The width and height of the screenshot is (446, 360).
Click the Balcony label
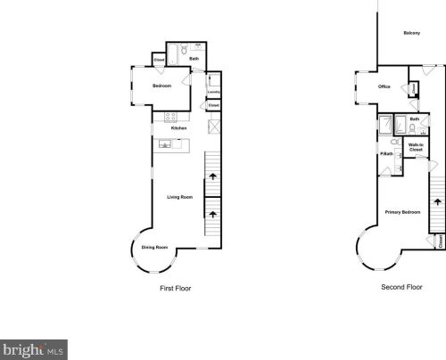[411, 34]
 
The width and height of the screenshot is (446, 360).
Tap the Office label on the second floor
[384, 86]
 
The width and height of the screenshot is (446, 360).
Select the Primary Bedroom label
[403, 212]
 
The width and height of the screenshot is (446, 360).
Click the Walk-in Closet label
[416, 148]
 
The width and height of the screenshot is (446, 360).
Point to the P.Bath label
[386, 154]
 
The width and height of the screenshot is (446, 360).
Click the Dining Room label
[155, 247]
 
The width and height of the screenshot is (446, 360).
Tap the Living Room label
[181, 197]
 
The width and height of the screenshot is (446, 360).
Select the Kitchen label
[178, 128]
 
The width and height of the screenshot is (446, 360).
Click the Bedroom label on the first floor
[161, 86]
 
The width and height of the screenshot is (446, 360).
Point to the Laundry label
[214, 91]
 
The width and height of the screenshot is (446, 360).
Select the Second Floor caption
[401, 288]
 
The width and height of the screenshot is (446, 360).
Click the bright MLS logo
[34, 349]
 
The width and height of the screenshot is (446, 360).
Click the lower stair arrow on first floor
[212, 213]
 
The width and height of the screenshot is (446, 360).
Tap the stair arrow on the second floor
[436, 201]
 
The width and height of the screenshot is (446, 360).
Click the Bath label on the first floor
[194, 59]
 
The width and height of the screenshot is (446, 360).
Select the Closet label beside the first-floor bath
[160, 61]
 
